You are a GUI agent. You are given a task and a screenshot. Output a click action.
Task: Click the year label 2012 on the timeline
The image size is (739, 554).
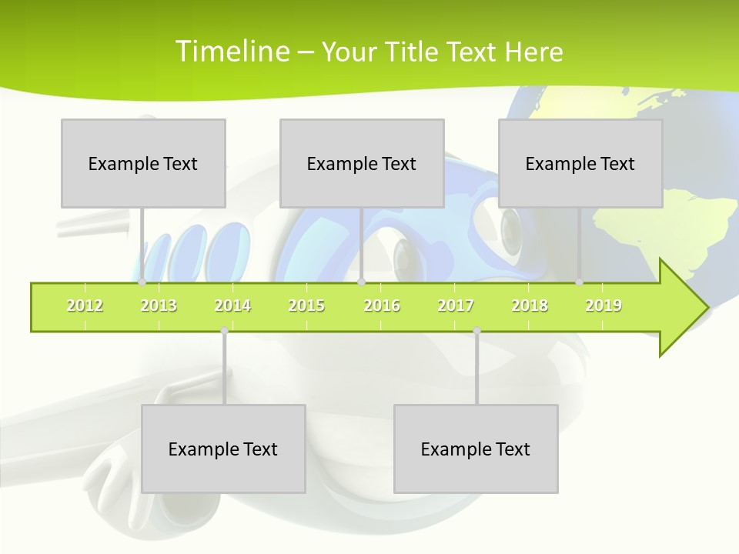pyautogui.click(x=85, y=306)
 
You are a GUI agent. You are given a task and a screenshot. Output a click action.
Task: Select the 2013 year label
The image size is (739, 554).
pyautogui.click(x=159, y=306)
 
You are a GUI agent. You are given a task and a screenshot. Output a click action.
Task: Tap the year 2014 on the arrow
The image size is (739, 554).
pyautogui.click(x=232, y=306)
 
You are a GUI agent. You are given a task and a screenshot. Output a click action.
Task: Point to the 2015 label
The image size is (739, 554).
pyautogui.click(x=306, y=306)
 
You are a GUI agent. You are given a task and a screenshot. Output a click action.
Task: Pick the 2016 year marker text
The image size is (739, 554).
pyautogui.click(x=382, y=306)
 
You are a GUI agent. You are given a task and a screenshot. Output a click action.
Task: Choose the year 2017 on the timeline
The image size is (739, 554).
pyautogui.click(x=456, y=306)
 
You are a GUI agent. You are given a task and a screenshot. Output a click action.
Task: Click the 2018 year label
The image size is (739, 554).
pyautogui.click(x=530, y=306)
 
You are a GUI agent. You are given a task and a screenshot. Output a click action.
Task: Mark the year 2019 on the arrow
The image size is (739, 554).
pyautogui.click(x=604, y=306)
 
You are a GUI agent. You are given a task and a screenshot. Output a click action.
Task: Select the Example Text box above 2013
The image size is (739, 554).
pyautogui.click(x=143, y=163)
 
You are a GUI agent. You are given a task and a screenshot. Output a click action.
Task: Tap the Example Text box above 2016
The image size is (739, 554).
pyautogui.click(x=362, y=163)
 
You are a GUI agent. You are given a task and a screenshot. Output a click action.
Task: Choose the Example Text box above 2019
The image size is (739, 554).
pyautogui.click(x=580, y=163)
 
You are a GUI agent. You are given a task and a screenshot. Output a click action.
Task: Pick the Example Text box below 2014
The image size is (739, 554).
pyautogui.click(x=223, y=449)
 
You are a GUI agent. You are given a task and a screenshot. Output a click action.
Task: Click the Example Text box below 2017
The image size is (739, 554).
pyautogui.click(x=476, y=449)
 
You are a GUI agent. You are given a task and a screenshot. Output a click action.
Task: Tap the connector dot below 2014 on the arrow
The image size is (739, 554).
pyautogui.click(x=224, y=331)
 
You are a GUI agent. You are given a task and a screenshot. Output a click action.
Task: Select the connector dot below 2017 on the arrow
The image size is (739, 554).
pyautogui.click(x=477, y=331)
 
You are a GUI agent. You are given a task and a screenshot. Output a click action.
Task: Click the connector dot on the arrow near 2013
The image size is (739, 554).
pyautogui.click(x=142, y=282)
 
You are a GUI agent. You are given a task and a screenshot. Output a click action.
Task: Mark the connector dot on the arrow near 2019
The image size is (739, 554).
pyautogui.click(x=580, y=282)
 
